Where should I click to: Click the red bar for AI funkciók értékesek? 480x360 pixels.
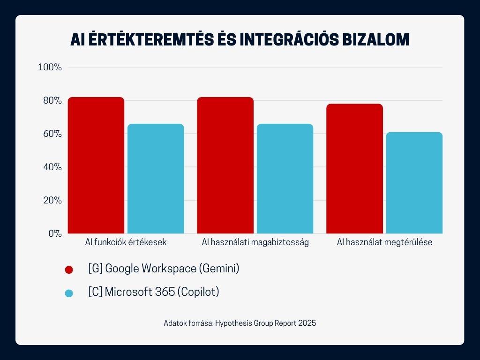[x=96, y=165]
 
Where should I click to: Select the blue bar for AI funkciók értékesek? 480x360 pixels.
[x=156, y=179]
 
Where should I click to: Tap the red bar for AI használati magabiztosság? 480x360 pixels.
[x=225, y=165]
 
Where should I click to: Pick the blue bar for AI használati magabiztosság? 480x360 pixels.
[x=285, y=179]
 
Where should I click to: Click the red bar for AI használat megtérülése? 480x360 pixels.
[x=354, y=169]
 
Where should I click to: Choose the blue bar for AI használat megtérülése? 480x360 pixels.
[x=414, y=183]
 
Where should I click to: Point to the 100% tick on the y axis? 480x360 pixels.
[x=50, y=67]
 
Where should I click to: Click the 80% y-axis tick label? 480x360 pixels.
[x=51, y=100]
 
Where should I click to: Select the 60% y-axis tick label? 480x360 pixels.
[x=51, y=134]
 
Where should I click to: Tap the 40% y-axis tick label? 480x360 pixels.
[x=51, y=167]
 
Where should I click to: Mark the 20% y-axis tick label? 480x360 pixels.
[x=51, y=200]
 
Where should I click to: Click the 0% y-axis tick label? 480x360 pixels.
[x=53, y=233]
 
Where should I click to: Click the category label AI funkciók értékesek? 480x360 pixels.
[x=126, y=243]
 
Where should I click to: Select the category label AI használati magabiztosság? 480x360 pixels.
[x=255, y=243]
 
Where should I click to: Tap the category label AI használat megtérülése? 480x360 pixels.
[x=384, y=243]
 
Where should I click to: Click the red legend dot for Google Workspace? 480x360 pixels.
[x=69, y=270]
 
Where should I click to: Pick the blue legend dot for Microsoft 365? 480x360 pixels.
[x=69, y=293]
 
